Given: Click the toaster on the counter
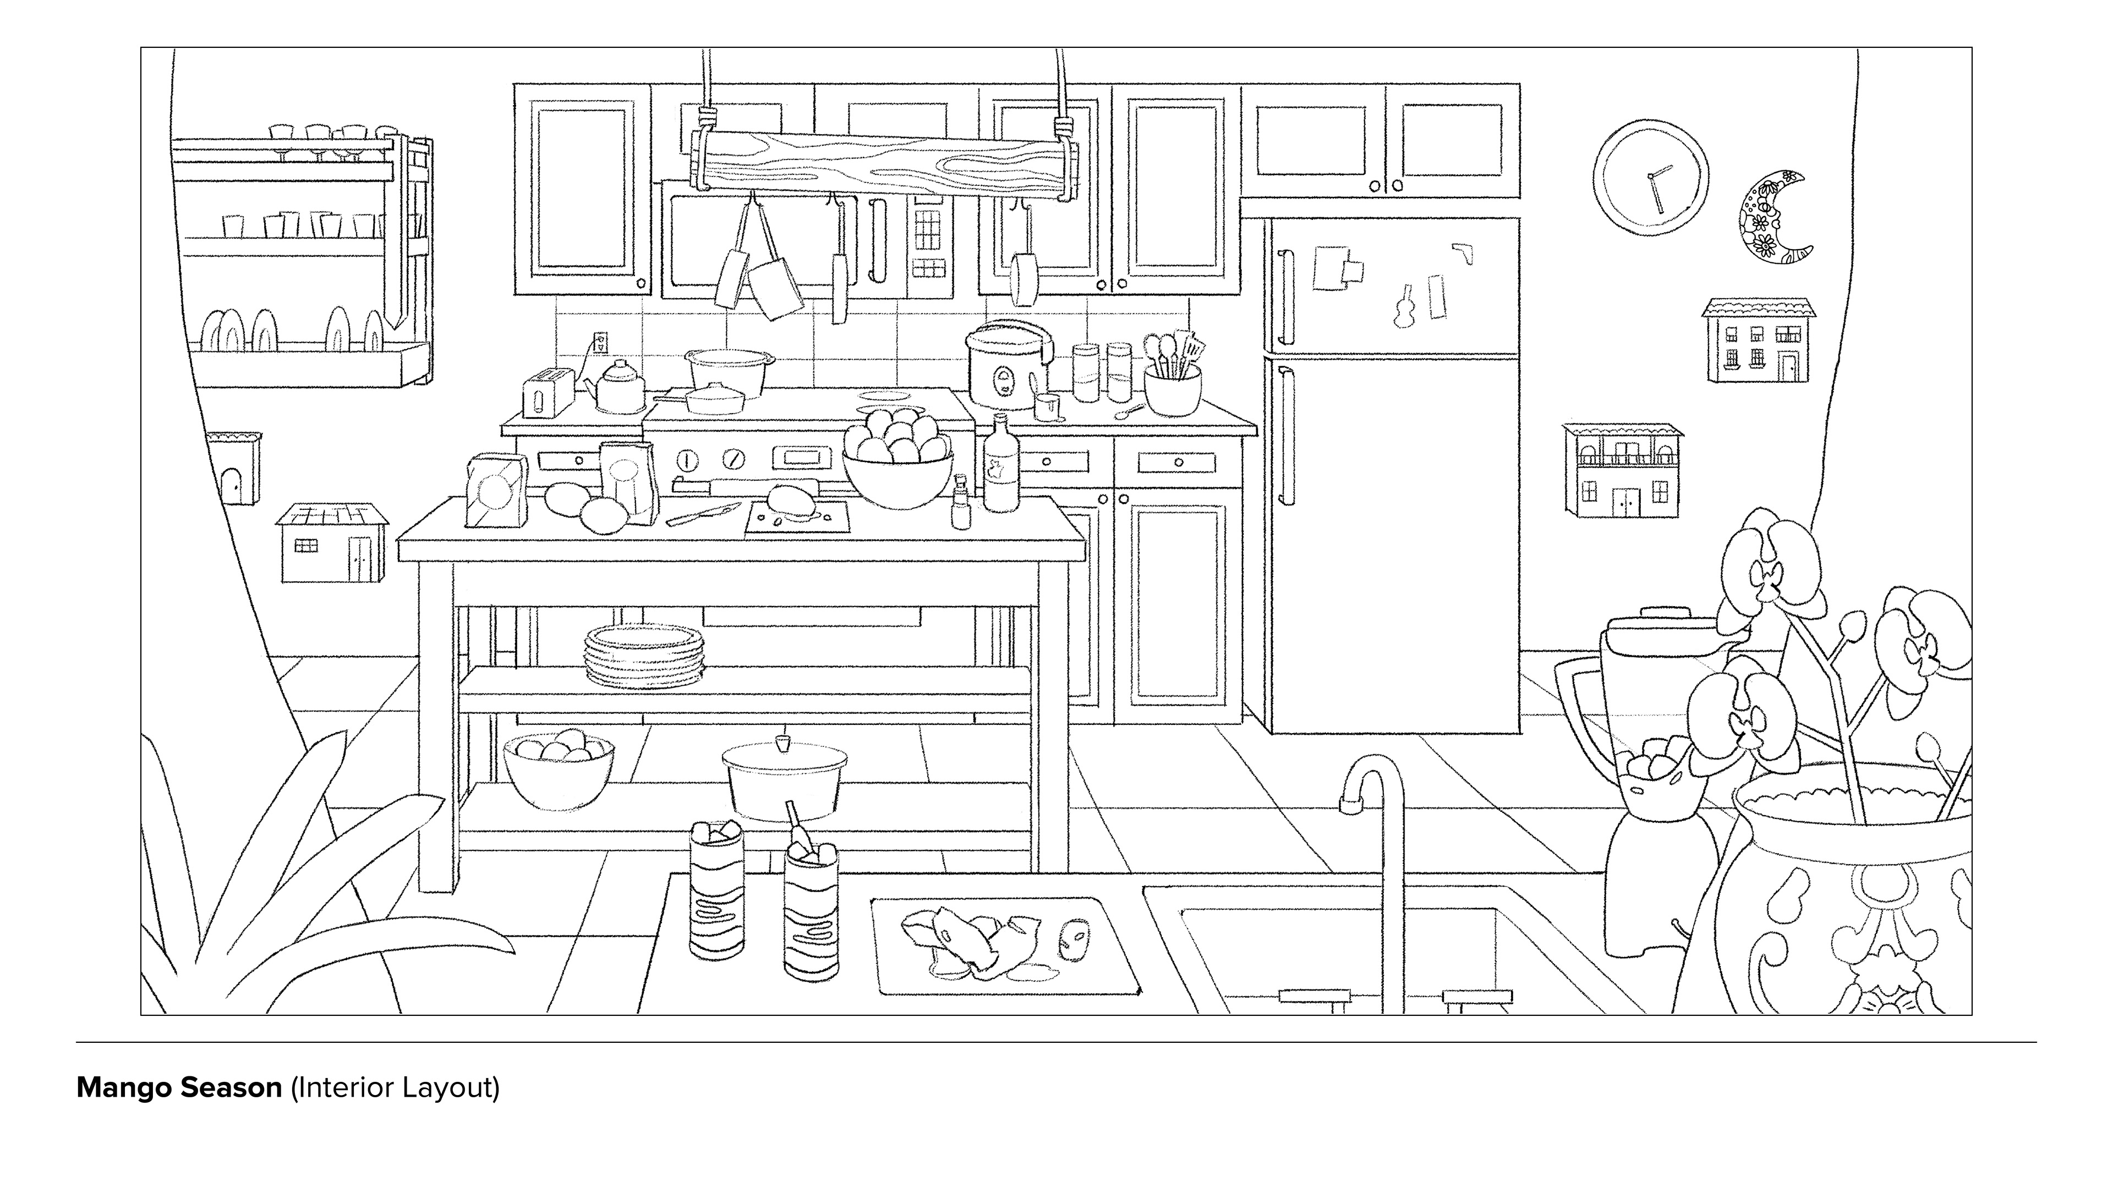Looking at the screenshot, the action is [547, 394].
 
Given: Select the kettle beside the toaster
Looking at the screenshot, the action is [619, 387].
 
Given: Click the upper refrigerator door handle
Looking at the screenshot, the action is [1284, 297].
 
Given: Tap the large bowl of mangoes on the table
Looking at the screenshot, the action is [897, 468].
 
